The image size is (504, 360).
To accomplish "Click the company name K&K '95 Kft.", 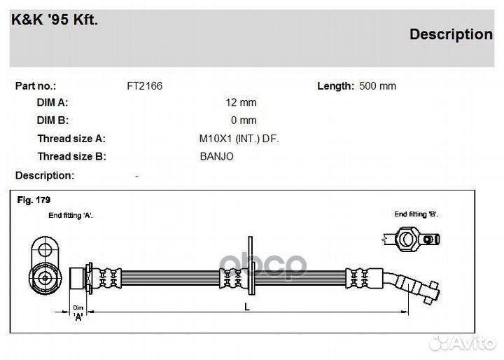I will pyautogui.click(x=55, y=20).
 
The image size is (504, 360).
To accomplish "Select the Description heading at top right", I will pyautogui.click(x=450, y=34).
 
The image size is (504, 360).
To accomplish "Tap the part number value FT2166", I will pyautogui.click(x=144, y=86).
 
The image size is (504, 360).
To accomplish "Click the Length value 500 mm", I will pyautogui.click(x=377, y=86).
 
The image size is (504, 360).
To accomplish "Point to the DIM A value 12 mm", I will pyautogui.click(x=241, y=102).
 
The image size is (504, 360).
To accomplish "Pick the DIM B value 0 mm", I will pyautogui.click(x=244, y=120).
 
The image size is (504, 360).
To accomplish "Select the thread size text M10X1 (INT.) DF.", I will pyautogui.click(x=239, y=139).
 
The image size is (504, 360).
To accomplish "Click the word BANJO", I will pyautogui.click(x=217, y=156).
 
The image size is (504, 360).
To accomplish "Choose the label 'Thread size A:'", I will pyautogui.click(x=71, y=139).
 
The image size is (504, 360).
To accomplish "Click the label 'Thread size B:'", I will pyautogui.click(x=71, y=156).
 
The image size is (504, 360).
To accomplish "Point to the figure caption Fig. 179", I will pyautogui.click(x=33, y=200).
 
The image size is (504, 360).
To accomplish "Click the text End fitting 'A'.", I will pyautogui.click(x=71, y=216).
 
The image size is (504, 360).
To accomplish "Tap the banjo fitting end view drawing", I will pyautogui.click(x=407, y=239).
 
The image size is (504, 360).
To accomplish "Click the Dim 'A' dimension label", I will pyautogui.click(x=78, y=312).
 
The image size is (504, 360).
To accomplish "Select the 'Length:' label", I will pyautogui.click(x=335, y=86).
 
